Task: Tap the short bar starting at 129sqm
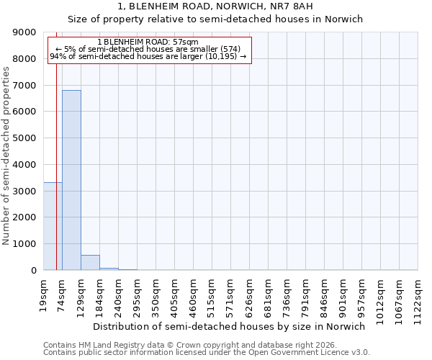click(90, 263)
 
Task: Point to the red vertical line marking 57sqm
click(56, 144)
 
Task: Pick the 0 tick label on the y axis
click(33, 271)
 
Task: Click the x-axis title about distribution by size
click(230, 326)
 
